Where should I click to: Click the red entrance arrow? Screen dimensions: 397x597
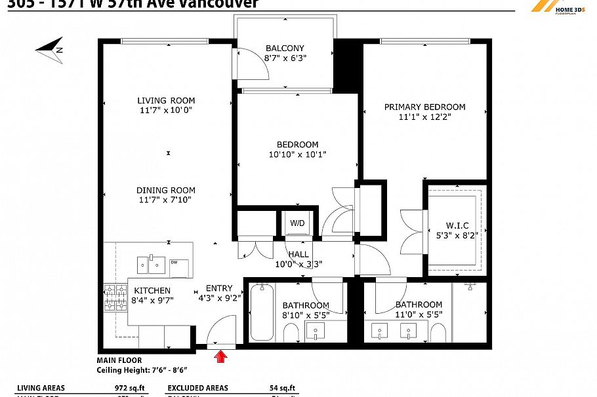point(221,356)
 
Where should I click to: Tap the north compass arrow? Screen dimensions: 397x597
point(50,50)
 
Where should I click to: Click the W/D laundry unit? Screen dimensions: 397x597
point(298,223)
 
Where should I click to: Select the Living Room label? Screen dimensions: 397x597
point(166,100)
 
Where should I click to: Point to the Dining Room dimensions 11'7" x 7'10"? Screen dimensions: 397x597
point(166,200)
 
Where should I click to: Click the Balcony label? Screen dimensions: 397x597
point(285,48)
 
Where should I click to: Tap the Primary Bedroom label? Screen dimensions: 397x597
point(424,107)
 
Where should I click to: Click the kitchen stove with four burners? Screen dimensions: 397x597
point(115,297)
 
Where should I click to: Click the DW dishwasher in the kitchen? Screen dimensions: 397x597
point(178,267)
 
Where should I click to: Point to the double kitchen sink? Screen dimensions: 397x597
point(152,265)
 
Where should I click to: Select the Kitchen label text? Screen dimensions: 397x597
point(152,290)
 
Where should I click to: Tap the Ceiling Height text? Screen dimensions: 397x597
point(136,369)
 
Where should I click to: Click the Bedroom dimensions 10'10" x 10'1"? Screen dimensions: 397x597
point(297,155)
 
